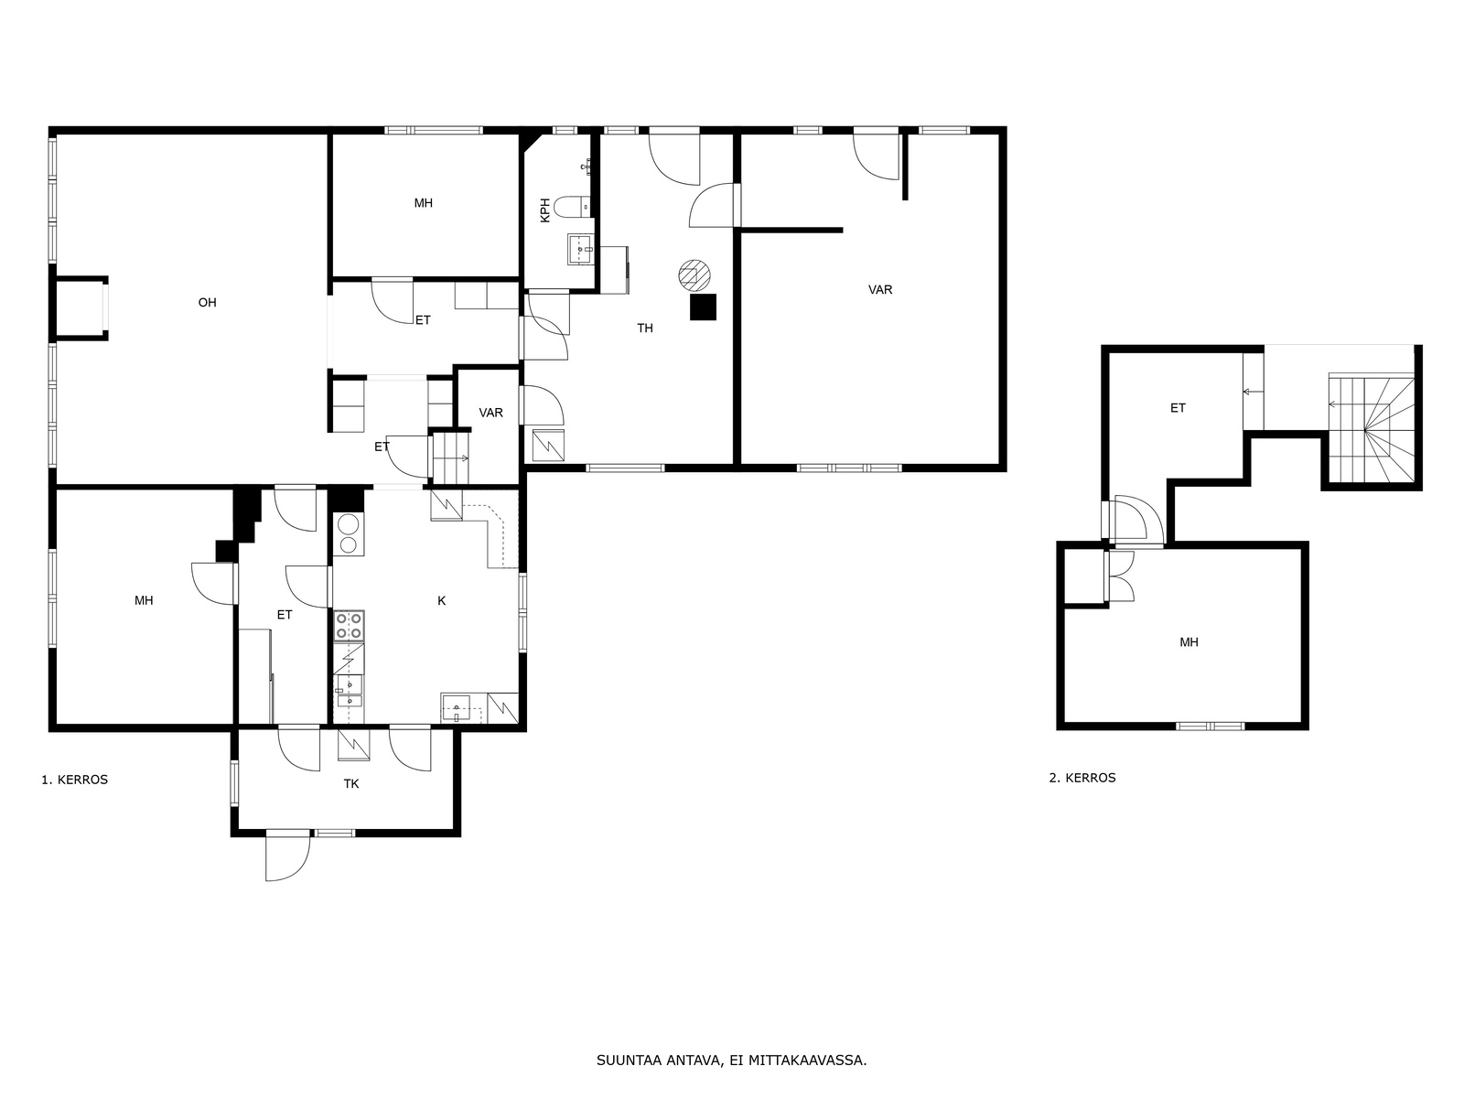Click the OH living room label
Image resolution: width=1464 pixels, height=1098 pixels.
(x=207, y=303)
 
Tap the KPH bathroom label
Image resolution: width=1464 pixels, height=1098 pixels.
(x=545, y=210)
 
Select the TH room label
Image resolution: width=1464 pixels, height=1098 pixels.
(x=644, y=328)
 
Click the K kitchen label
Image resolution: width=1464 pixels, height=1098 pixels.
(x=441, y=600)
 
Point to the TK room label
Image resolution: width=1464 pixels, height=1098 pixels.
(x=350, y=784)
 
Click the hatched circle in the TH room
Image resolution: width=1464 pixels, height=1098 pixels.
(x=694, y=275)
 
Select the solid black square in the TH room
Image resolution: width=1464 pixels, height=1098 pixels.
(x=703, y=307)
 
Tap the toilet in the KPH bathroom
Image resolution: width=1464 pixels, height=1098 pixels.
(x=572, y=207)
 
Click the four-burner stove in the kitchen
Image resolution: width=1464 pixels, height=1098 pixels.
(x=349, y=626)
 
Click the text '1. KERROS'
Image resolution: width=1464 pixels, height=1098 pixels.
(x=75, y=780)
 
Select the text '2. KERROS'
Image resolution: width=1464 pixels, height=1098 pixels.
(x=1082, y=778)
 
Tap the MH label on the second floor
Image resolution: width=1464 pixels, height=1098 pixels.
(x=1189, y=642)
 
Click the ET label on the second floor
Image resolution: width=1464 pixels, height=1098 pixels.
(x=1178, y=408)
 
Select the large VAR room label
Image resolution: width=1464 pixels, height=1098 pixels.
(x=879, y=289)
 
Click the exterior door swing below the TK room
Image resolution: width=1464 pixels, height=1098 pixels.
(x=287, y=858)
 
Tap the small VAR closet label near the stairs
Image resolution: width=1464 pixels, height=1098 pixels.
(x=490, y=413)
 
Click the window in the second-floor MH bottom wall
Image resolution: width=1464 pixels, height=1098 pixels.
(x=1210, y=726)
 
